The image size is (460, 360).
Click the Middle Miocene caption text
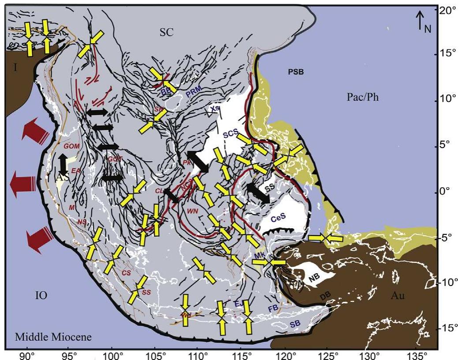click(53, 338)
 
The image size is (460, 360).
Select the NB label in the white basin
click(313, 278)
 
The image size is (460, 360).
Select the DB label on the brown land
click(326, 298)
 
